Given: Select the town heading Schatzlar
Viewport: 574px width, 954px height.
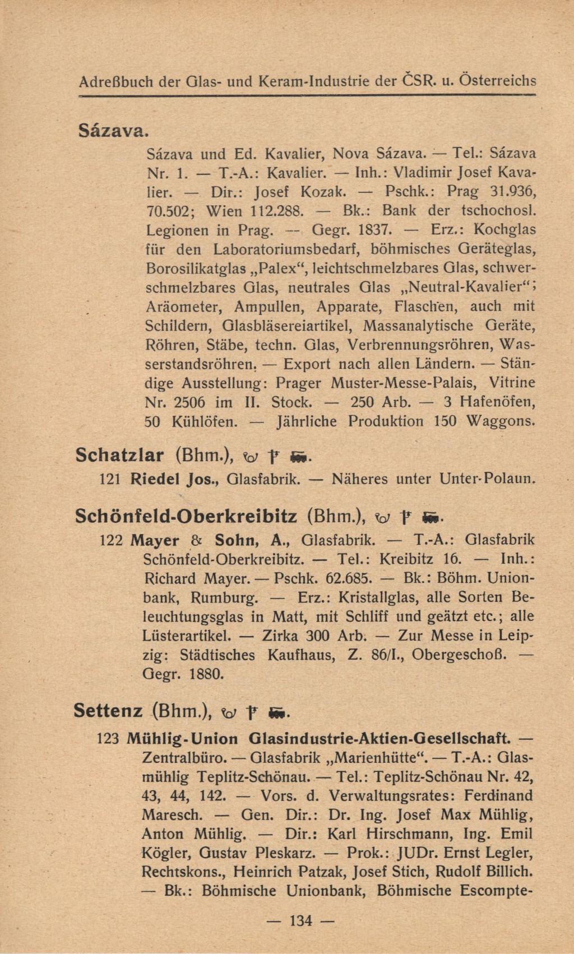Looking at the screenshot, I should tap(119, 455).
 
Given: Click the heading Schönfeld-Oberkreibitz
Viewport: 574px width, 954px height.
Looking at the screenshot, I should tap(186, 516).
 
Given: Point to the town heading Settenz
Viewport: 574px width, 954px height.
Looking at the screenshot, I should tap(108, 711).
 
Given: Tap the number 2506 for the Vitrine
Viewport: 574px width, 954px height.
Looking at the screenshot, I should tap(190, 402).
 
